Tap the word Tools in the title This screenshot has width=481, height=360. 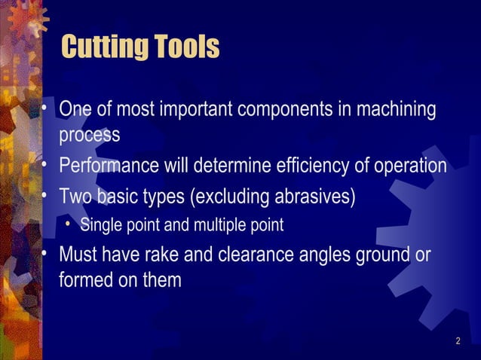(x=185, y=47)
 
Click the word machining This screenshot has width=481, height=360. (x=398, y=110)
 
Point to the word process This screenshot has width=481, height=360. (x=89, y=136)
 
